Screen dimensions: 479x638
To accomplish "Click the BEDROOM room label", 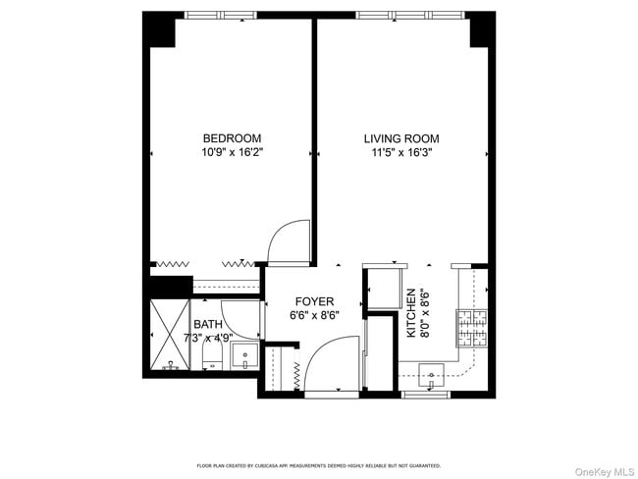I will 232,138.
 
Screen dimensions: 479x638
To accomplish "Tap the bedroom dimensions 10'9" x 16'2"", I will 232,153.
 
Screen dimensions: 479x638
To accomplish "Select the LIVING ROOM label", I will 401,138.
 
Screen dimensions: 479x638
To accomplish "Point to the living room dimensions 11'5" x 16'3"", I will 401,153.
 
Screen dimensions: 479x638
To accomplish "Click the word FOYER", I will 311,301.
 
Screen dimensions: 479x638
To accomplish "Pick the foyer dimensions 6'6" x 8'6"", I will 311,316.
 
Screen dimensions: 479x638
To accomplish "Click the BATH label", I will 207,325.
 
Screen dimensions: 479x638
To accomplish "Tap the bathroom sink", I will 246,358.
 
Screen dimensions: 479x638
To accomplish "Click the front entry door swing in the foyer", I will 330,363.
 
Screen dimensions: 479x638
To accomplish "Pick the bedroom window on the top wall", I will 222,15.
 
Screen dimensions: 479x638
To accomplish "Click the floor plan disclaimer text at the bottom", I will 319,465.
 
